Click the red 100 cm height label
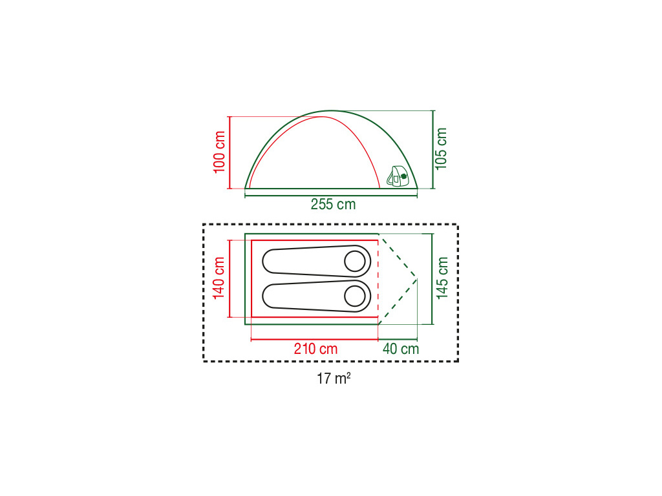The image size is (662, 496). (x=220, y=152)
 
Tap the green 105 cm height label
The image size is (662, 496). (x=441, y=149)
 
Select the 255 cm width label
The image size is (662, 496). (x=333, y=205)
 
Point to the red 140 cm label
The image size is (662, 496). (x=219, y=278)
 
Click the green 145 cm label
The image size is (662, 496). (x=442, y=278)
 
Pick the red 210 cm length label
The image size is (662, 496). (x=315, y=349)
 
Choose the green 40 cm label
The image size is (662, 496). (x=401, y=349)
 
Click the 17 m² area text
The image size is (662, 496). (x=334, y=378)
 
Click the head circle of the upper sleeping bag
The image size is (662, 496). (x=355, y=261)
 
